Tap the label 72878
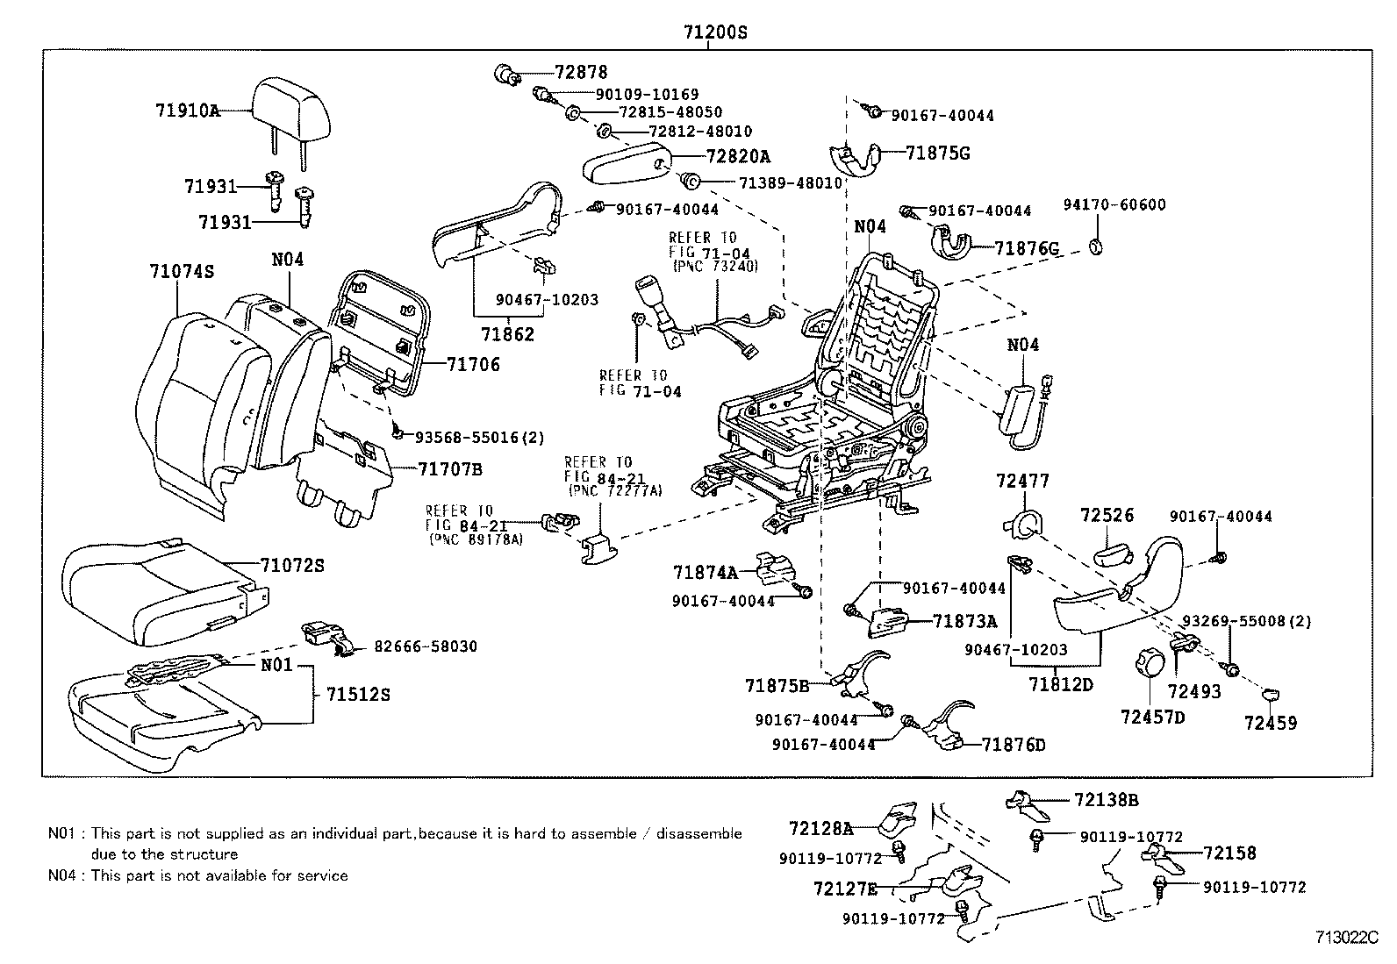(x=580, y=73)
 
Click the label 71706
(x=473, y=364)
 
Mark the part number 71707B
(x=450, y=469)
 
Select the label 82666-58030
(x=426, y=646)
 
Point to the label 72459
(x=1270, y=723)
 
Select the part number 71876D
(x=1014, y=745)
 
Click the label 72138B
(x=1106, y=800)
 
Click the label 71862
(x=507, y=334)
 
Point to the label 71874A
(x=706, y=573)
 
